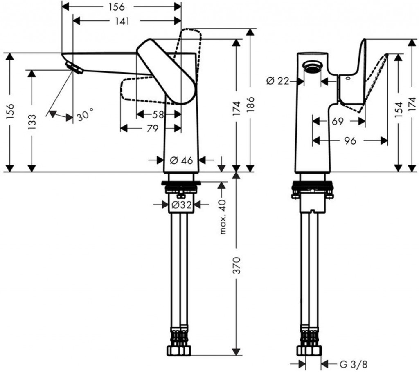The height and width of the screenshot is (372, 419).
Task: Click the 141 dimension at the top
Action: (122, 21)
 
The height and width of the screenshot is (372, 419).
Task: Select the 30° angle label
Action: (85, 117)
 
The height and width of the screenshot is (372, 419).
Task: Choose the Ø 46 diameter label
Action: (181, 160)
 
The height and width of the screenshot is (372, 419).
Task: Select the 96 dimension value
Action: (349, 141)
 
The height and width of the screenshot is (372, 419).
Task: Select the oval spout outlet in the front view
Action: (313, 66)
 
